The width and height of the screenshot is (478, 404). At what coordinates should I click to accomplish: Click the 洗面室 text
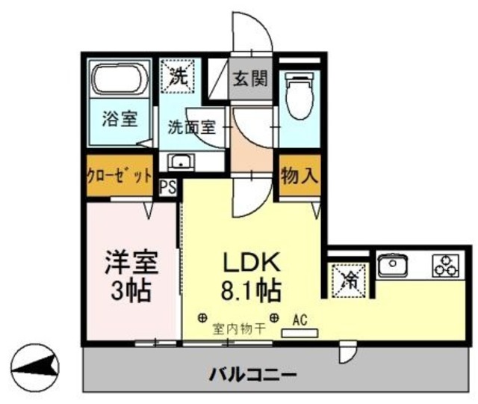coord(191,126)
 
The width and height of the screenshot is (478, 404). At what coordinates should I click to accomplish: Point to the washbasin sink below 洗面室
coord(180,161)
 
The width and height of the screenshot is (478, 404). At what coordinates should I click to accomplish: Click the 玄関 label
coord(249,77)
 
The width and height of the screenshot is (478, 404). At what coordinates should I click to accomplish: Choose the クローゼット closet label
coord(119,177)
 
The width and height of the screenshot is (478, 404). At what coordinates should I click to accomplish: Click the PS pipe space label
coord(169,186)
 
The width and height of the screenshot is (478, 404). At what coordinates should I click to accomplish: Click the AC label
coord(300,319)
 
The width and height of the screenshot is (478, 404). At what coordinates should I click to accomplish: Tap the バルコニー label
coord(253,373)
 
